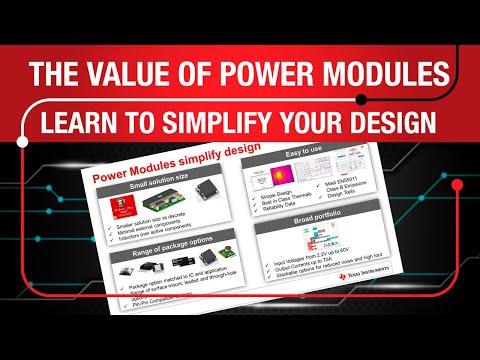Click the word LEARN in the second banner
click(x=91, y=121)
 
